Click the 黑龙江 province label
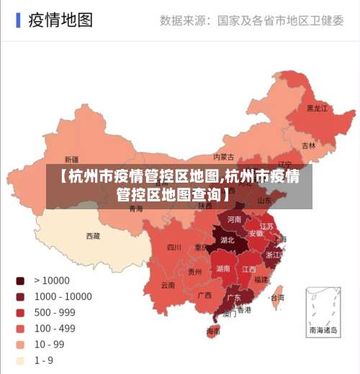(x=317, y=109)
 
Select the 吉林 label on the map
(x=308, y=145)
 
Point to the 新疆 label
(x=71, y=160)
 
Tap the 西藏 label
(x=93, y=236)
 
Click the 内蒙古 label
(x=224, y=157)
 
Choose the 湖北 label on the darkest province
(x=228, y=240)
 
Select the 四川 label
(x=174, y=247)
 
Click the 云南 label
(x=167, y=285)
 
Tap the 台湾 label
(x=276, y=297)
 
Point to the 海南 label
(x=214, y=332)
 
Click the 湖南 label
(x=223, y=268)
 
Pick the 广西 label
(x=204, y=295)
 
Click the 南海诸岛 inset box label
(x=323, y=331)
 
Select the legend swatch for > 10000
(x=20, y=280)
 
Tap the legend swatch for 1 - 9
(x=20, y=360)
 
